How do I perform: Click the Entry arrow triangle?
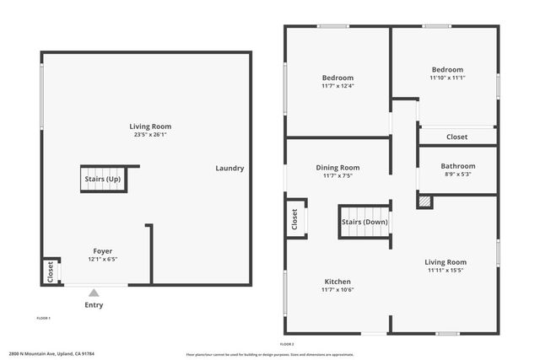click(94, 293)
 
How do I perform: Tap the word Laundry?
click(229, 168)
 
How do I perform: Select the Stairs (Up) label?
click(102, 180)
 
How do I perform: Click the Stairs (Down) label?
click(364, 223)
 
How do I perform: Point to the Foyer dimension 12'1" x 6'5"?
click(102, 260)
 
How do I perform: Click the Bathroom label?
click(458, 166)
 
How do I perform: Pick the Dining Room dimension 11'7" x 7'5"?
click(337, 176)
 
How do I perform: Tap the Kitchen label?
click(337, 282)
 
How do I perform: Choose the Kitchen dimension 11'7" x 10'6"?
click(337, 290)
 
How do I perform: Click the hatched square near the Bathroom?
click(424, 202)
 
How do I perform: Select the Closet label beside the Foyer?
click(51, 272)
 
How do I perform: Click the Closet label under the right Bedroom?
click(456, 137)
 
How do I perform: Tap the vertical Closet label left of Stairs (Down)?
click(294, 220)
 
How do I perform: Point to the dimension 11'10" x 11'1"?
click(447, 78)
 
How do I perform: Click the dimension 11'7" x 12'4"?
click(337, 85)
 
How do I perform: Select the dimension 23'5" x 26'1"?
click(151, 135)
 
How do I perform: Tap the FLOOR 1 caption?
click(43, 318)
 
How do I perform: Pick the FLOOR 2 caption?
click(287, 344)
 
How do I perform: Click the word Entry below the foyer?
click(94, 305)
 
